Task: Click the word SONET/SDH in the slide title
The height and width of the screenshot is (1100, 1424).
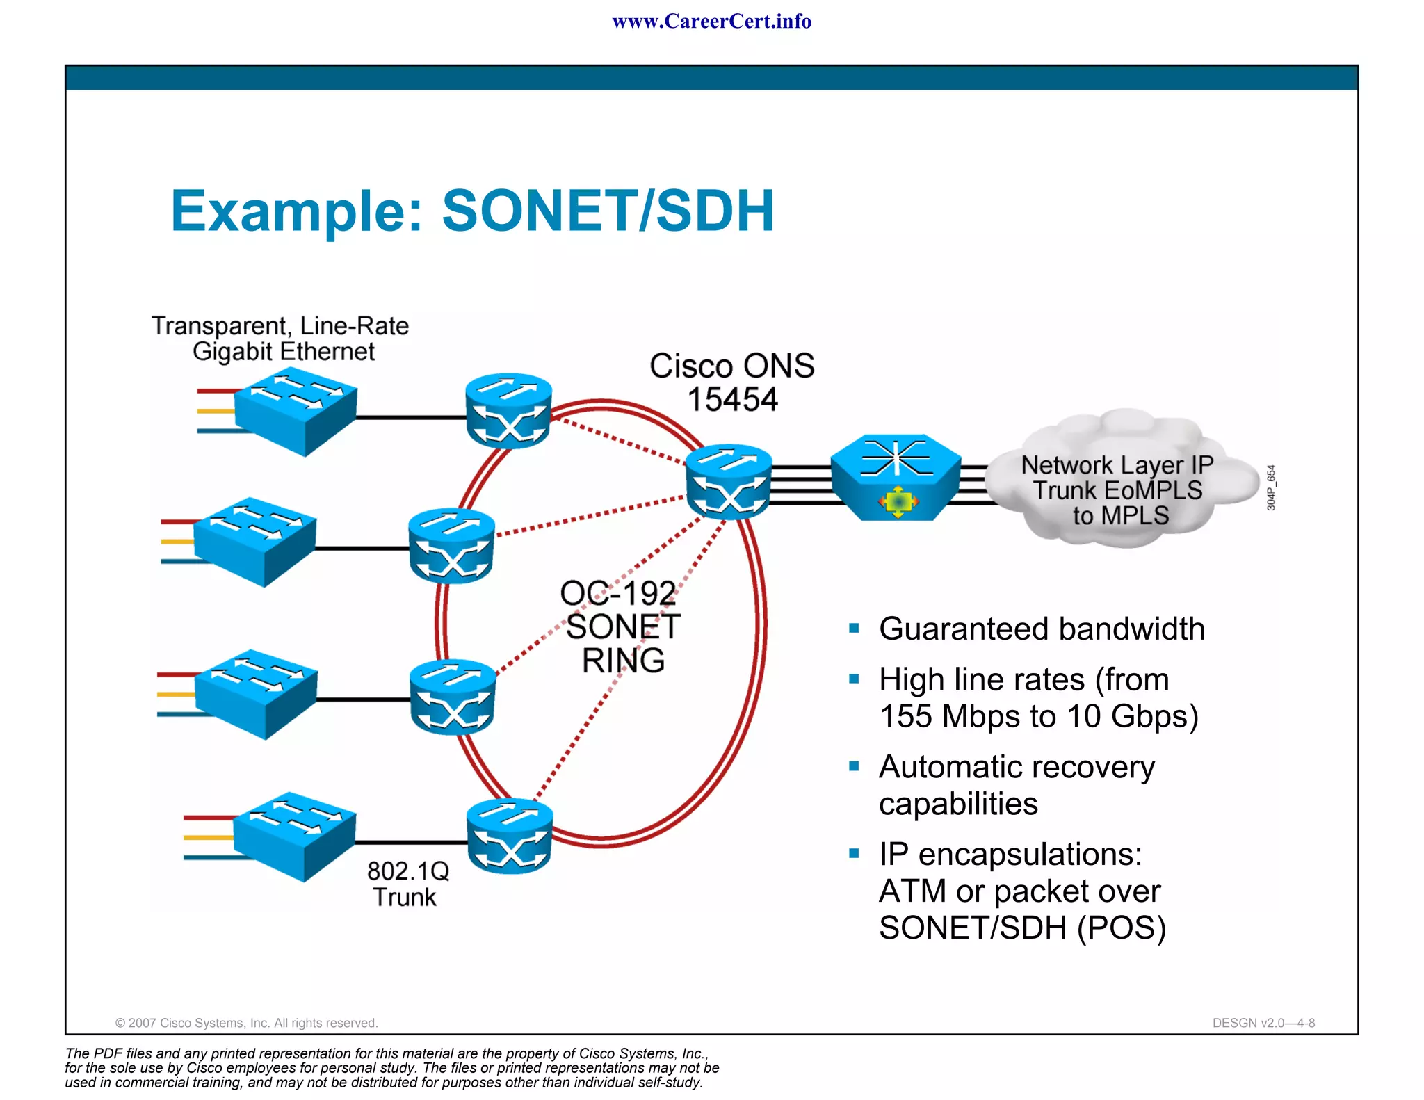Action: point(608,211)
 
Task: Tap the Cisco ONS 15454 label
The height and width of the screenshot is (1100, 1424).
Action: point(731,382)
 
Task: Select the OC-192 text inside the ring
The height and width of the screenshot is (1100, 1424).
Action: point(617,593)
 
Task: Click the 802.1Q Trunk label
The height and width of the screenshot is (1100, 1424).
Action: point(407,884)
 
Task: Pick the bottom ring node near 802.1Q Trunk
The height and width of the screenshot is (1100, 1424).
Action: point(510,836)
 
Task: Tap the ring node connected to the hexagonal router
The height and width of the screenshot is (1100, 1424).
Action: point(728,481)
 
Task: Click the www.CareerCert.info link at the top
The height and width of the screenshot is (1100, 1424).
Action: point(711,21)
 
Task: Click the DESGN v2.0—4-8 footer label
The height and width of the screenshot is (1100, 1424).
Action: point(1263,1023)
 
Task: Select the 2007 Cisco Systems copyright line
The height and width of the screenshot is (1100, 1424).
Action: point(246,1023)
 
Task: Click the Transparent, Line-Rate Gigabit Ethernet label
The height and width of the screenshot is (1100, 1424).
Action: point(280,339)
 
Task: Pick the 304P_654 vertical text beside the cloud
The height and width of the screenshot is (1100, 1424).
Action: point(1271,487)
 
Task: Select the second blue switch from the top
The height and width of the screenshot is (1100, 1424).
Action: point(255,541)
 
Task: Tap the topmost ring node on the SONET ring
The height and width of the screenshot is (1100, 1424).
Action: point(508,411)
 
